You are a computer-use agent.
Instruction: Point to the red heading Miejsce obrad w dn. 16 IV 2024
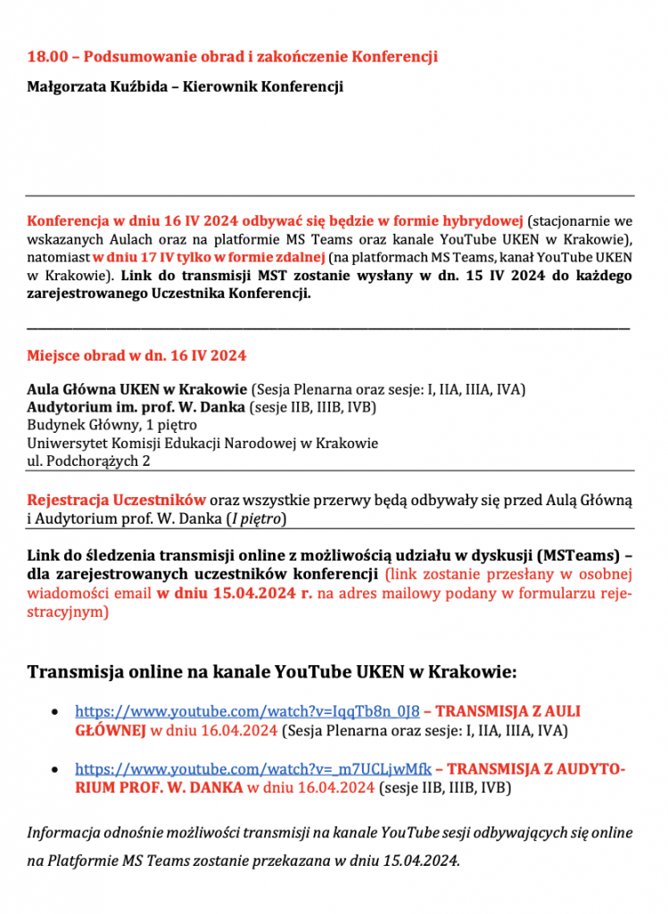(136, 355)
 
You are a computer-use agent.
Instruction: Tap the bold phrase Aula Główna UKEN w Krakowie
(137, 390)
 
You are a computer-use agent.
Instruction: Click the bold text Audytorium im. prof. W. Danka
(133, 408)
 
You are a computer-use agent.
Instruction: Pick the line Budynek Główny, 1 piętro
(112, 425)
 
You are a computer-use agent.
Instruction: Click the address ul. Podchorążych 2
(88, 461)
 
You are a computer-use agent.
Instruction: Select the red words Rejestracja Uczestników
(117, 499)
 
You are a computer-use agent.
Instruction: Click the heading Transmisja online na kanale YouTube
(272, 671)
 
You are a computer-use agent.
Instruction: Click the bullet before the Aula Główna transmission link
(57, 712)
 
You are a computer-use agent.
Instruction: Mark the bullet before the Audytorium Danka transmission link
(57, 769)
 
